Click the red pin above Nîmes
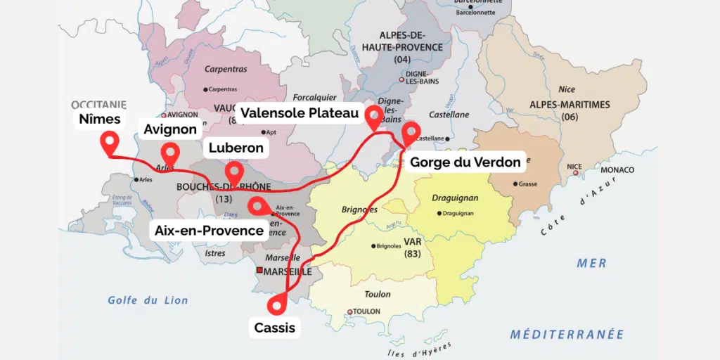tap(109, 143)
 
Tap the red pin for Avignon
tap(169, 153)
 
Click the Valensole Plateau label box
tap(300, 113)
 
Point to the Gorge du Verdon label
tap(465, 162)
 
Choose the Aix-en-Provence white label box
tap(209, 231)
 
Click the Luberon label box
tap(236, 148)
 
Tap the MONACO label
tap(617, 170)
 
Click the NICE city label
tap(574, 167)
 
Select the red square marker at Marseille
tap(259, 271)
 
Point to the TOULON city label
tap(366, 311)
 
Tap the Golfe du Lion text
tap(148, 300)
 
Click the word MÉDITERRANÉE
tap(567, 334)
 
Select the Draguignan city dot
tap(439, 213)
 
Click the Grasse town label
tap(527, 184)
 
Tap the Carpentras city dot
tap(207, 89)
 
